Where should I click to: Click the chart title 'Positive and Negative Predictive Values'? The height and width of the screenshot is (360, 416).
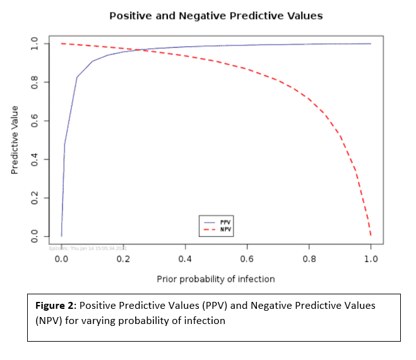(x=216, y=15)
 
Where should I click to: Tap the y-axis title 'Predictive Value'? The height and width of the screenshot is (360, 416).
(x=15, y=140)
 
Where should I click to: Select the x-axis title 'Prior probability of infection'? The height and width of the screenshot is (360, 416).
(x=216, y=278)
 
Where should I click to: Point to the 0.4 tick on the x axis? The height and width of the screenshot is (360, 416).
(x=185, y=259)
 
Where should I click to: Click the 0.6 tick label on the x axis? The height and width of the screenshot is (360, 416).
(x=247, y=259)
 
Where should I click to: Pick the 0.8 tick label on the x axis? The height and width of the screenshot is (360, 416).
(x=309, y=259)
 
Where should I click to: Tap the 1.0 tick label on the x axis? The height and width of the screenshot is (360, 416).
(x=371, y=259)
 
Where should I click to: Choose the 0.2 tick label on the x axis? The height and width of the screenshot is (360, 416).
(x=123, y=259)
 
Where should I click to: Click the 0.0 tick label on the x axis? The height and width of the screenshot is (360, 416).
(x=61, y=259)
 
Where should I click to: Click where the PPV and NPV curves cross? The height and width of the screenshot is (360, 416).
(x=140, y=50)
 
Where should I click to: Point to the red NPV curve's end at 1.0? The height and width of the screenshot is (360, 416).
(x=371, y=236)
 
